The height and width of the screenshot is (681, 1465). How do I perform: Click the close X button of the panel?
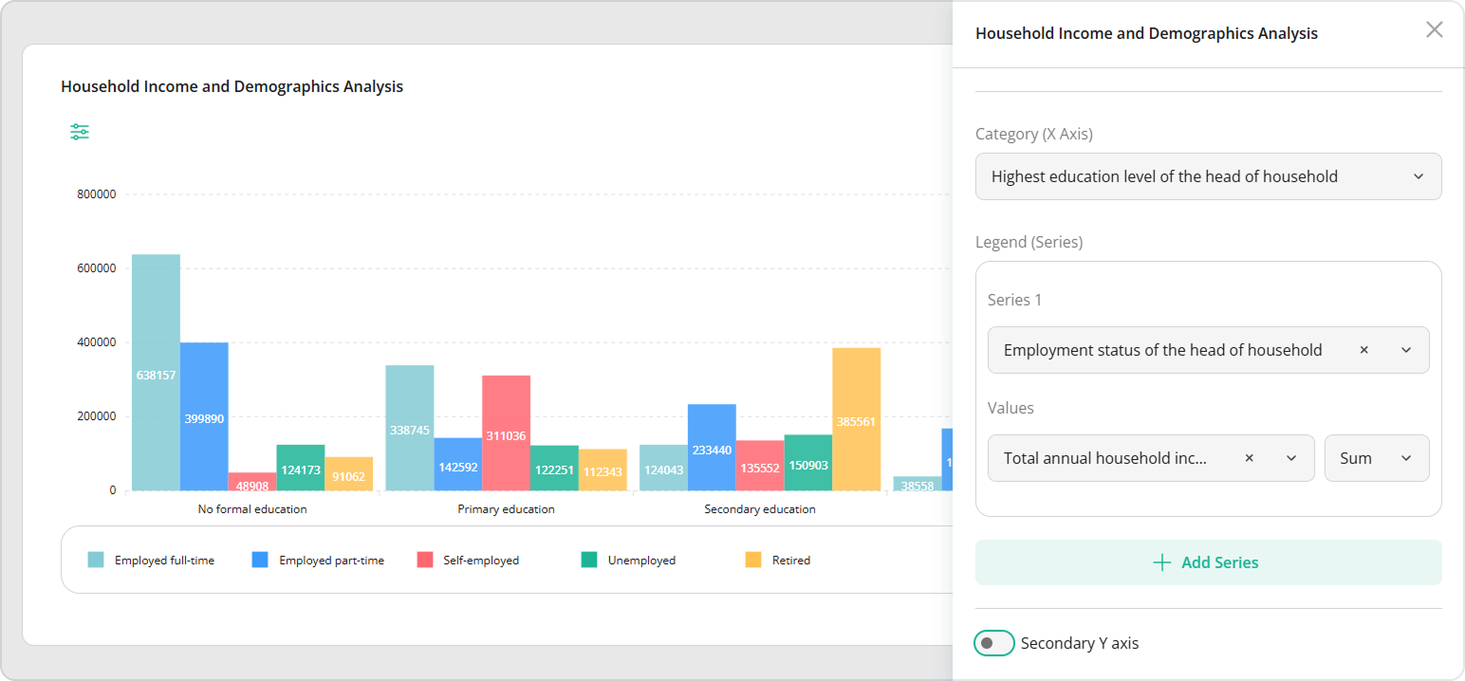pos(1434,29)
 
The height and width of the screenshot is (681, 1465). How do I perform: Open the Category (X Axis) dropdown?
pos(1208,176)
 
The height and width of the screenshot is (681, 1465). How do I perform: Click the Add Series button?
pos(1208,562)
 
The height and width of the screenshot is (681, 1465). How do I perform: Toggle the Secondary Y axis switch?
pos(993,643)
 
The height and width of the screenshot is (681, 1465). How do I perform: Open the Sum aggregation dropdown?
pos(1376,458)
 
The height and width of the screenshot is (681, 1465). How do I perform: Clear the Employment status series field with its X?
pos(1363,350)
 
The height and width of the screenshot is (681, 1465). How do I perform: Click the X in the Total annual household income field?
pos(1249,458)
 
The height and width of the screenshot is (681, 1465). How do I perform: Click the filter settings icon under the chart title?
pos(80,132)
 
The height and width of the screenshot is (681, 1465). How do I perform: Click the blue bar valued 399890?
pos(204,416)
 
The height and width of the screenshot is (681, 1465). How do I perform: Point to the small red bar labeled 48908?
pos(252,482)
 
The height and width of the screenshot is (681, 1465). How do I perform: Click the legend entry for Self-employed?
pos(469,561)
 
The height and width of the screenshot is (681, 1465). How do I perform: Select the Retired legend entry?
pos(778,561)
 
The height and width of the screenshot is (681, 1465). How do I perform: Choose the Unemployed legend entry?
pos(629,561)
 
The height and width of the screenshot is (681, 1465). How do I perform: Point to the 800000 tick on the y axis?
pos(97,194)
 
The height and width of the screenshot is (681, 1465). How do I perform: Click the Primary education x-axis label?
pos(506,509)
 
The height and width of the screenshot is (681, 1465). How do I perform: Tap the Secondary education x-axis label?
pos(759,509)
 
